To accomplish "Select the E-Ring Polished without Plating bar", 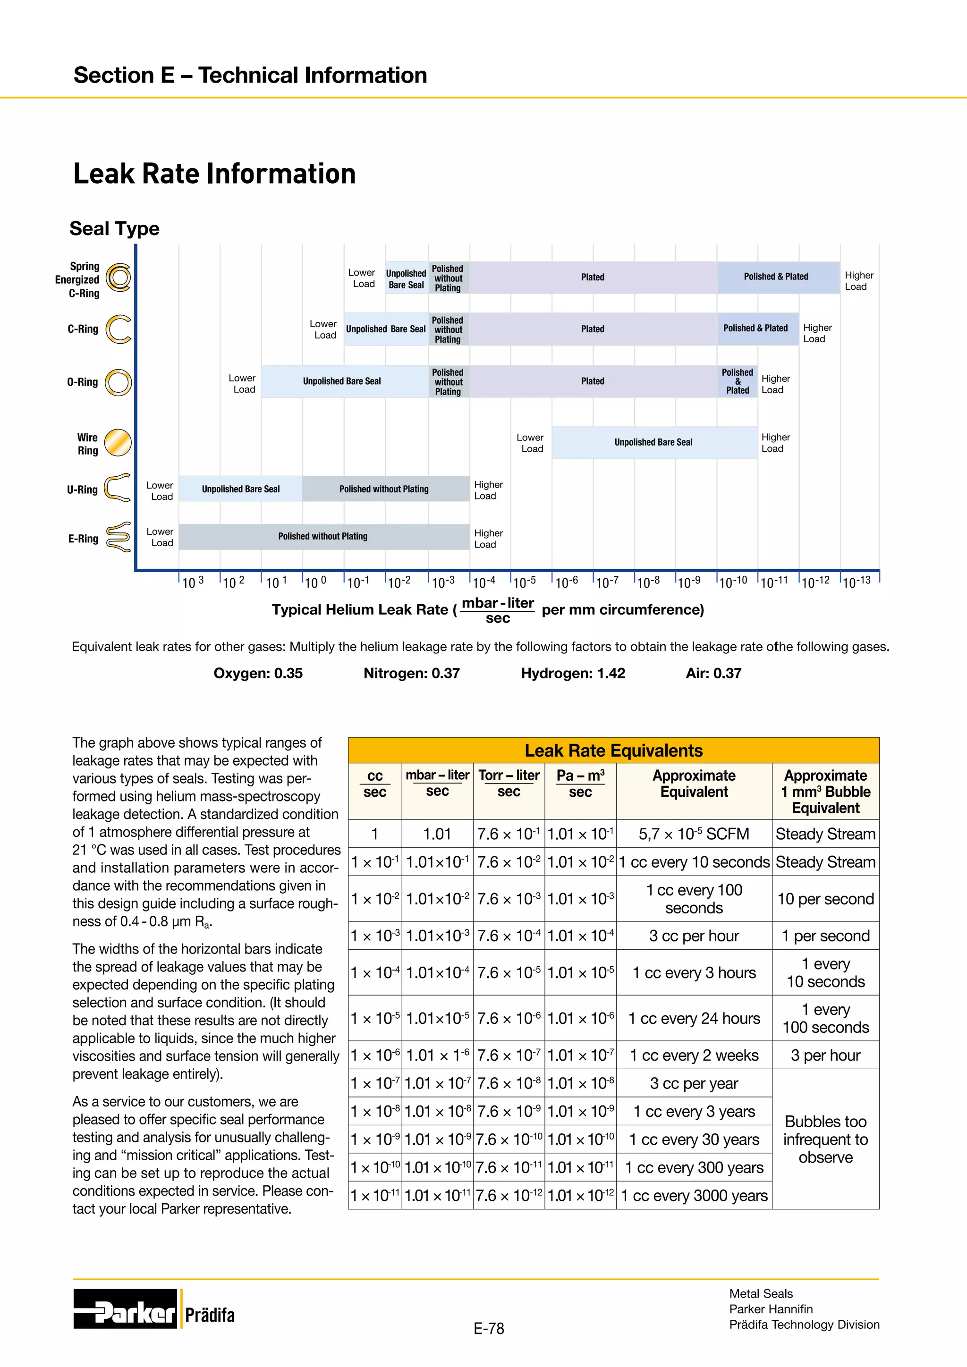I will (323, 536).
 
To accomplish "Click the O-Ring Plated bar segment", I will (593, 381).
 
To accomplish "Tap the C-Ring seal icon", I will (118, 329).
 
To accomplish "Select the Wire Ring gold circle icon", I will (118, 443).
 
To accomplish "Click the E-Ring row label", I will (84, 539).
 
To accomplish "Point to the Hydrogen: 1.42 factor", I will (573, 674).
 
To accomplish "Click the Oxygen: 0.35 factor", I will (258, 674).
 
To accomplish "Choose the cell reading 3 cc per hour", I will (694, 936).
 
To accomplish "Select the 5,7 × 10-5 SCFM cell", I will (694, 834).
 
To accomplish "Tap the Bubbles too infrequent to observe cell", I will (825, 1139).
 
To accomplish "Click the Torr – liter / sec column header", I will (509, 784).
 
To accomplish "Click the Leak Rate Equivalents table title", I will (613, 750).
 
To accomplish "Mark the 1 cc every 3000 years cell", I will (694, 1196).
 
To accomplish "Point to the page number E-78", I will (488, 1329).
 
